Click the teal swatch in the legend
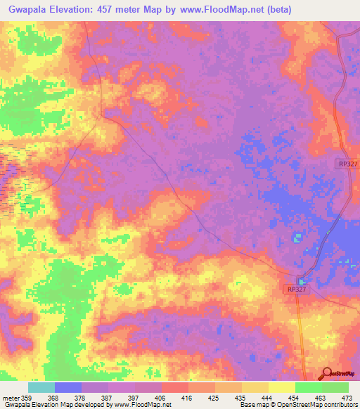(41, 387)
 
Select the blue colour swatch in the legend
(68, 387)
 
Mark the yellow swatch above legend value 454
(282, 387)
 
